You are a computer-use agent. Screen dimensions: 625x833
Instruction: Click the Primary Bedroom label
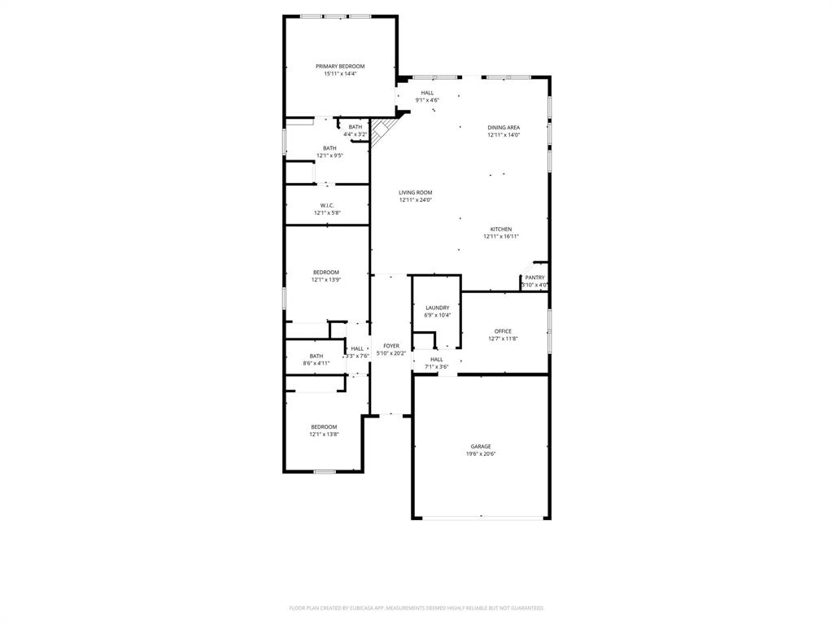click(x=340, y=66)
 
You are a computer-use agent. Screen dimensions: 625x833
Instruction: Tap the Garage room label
click(x=480, y=447)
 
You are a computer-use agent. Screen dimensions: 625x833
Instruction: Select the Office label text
click(x=503, y=331)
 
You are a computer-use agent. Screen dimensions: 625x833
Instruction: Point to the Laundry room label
click(x=437, y=308)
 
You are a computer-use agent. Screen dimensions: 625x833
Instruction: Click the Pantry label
click(x=534, y=278)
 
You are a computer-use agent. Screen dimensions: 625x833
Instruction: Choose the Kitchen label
click(x=500, y=229)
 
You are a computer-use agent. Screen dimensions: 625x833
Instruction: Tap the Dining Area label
click(x=504, y=128)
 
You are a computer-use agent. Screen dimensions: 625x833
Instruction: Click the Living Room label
click(x=415, y=193)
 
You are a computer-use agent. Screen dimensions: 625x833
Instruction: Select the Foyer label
click(x=391, y=346)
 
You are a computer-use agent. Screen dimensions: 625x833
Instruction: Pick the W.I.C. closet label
click(x=327, y=206)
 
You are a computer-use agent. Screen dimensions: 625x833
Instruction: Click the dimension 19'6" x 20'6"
click(x=480, y=454)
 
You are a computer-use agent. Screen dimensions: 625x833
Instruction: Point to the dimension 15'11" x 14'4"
click(x=340, y=73)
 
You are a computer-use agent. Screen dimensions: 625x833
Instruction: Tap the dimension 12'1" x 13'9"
click(x=325, y=280)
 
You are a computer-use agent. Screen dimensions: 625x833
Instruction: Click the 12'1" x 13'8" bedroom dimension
click(x=323, y=435)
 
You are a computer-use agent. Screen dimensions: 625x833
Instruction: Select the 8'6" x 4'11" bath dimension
click(x=316, y=363)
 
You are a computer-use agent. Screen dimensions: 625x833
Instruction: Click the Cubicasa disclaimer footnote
click(x=416, y=608)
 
